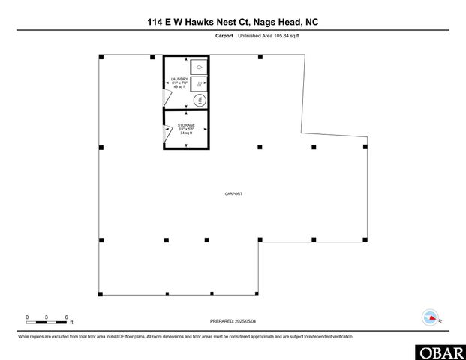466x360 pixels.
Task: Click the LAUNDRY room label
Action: point(179,78)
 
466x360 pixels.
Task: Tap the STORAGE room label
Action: point(186,125)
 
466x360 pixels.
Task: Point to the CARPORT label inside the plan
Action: point(233,194)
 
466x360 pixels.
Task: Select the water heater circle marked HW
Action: point(200,100)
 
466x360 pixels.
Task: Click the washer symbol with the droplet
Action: point(199,65)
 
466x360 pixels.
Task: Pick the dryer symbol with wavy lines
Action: point(199,83)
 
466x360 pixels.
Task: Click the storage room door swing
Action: point(167,133)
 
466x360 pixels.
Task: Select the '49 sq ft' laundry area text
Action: point(179,87)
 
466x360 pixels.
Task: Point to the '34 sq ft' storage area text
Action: point(186,133)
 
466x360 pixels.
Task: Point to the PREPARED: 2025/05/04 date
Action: point(233,321)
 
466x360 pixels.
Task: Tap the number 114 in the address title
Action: point(156,22)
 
